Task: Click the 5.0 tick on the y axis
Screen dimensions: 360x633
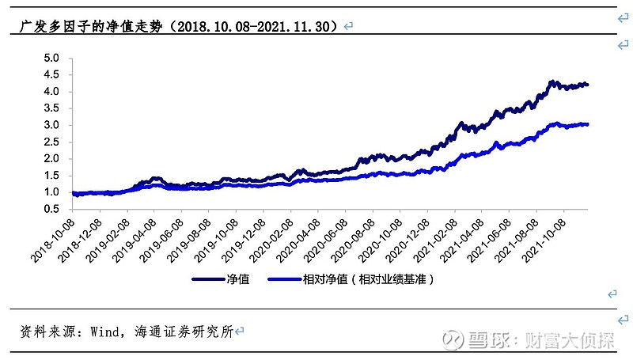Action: coord(51,59)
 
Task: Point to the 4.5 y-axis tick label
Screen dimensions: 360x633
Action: coord(51,75)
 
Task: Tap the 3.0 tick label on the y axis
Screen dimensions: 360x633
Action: coord(51,125)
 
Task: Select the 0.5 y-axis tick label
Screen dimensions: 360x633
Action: coord(51,209)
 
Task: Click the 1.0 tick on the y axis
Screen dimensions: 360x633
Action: coord(51,192)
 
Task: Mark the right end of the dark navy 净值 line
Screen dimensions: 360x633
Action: coord(588,85)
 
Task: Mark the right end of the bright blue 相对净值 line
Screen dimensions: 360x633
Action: coord(588,124)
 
